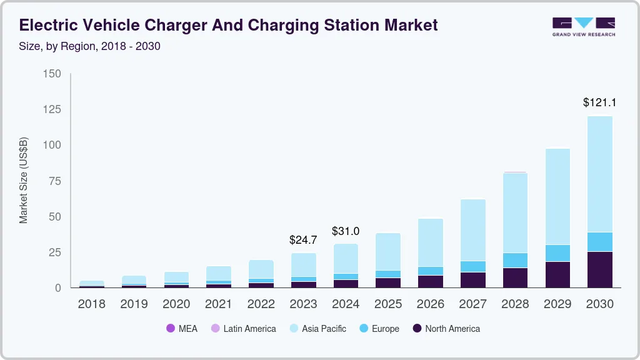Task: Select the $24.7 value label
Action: pos(303,239)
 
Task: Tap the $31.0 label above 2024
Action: pos(346,231)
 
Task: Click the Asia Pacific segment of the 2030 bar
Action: pos(600,174)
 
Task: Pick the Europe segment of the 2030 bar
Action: pos(600,242)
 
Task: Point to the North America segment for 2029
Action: pos(557,274)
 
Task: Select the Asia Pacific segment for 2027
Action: pos(473,230)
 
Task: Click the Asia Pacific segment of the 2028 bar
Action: pos(516,212)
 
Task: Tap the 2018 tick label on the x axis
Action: pos(91,304)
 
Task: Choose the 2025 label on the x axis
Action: pos(388,304)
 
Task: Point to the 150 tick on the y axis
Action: pos(52,74)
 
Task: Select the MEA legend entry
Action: pos(182,329)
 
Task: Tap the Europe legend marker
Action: pos(364,329)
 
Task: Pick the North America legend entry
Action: pos(446,329)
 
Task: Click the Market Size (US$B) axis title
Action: pos(24,181)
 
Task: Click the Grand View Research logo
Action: pos(583,26)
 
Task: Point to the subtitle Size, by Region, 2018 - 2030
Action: pos(90,46)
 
